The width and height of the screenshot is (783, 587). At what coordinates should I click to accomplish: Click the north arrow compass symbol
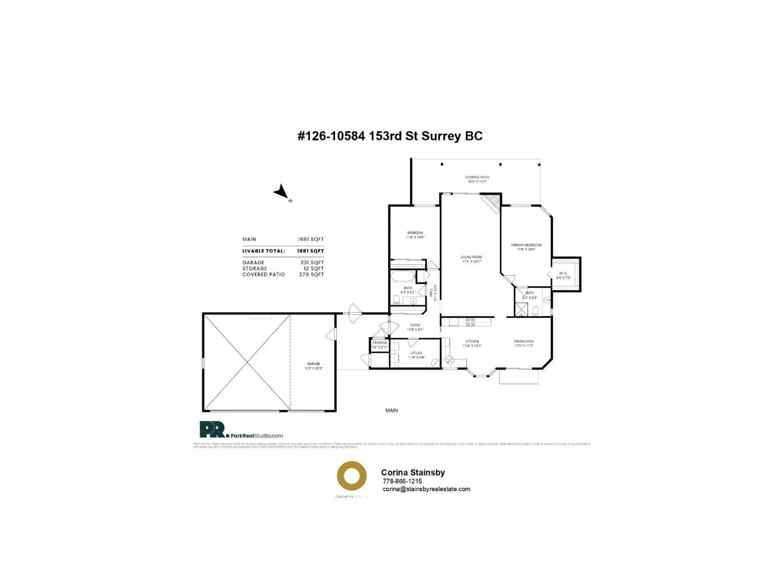click(x=281, y=192)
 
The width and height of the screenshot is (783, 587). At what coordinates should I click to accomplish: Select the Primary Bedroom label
click(x=526, y=245)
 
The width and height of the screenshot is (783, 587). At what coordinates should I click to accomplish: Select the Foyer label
click(x=415, y=325)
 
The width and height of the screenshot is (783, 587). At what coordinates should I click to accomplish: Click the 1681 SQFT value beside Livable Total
click(x=310, y=251)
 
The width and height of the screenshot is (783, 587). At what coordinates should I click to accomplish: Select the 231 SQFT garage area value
click(x=312, y=263)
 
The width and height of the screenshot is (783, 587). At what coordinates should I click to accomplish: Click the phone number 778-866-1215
click(x=402, y=481)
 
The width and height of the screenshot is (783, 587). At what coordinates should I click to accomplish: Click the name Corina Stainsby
click(x=413, y=472)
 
